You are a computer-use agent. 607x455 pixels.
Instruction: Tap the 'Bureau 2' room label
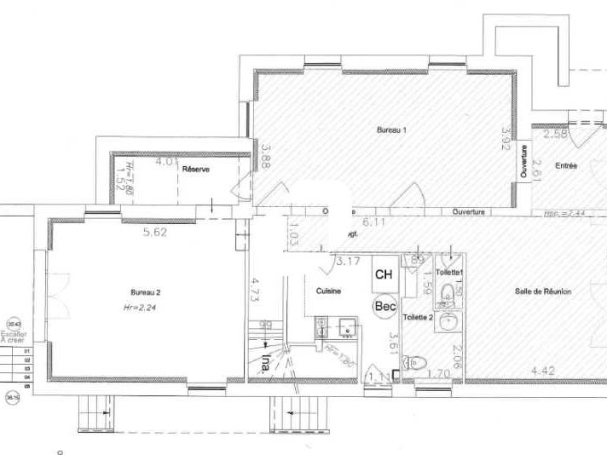(x=146, y=291)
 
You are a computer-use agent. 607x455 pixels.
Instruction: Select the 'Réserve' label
(x=195, y=170)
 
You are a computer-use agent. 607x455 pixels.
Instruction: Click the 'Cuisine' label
(x=328, y=291)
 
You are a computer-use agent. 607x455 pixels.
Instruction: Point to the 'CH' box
(x=384, y=275)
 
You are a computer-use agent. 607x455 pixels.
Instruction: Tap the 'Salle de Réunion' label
(x=543, y=291)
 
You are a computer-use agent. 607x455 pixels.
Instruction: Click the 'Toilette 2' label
(x=418, y=316)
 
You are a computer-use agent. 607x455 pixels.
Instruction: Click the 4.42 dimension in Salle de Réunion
(x=544, y=371)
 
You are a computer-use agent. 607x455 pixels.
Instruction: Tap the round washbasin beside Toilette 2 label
(x=451, y=320)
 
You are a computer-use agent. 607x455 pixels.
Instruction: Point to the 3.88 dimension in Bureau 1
(x=266, y=158)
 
